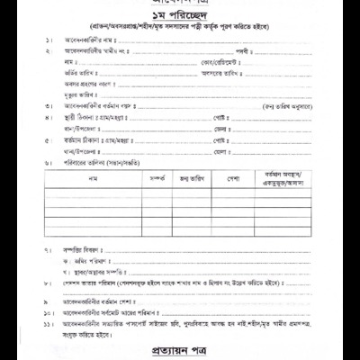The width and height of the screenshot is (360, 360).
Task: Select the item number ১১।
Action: point(48,321)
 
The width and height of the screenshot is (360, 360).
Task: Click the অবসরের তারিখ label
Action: point(225,75)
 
